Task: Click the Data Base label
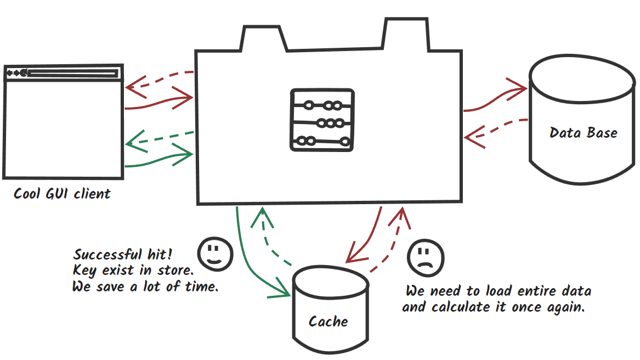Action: (x=583, y=133)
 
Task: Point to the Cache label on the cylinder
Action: (x=328, y=322)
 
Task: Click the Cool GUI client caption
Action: (x=62, y=194)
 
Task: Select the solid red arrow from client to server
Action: (x=159, y=101)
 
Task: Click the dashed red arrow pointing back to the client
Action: (x=159, y=80)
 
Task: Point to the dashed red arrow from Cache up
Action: (x=392, y=241)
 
